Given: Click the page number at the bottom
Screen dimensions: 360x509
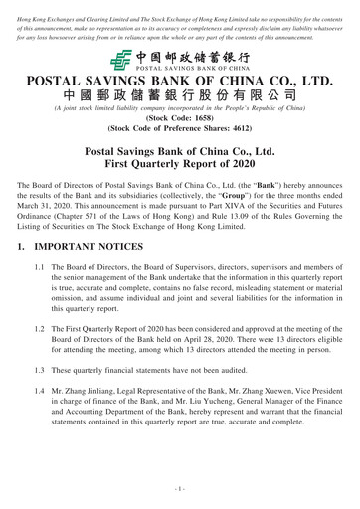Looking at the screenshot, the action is pos(180,488).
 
